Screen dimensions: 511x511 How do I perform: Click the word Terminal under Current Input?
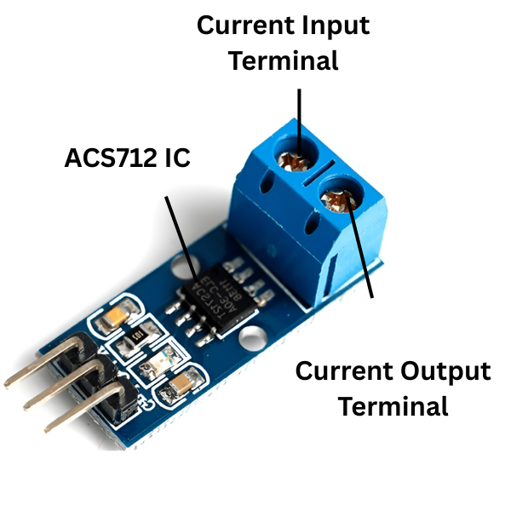[x=284, y=61]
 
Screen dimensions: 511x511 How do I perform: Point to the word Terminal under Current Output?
[x=393, y=406]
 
